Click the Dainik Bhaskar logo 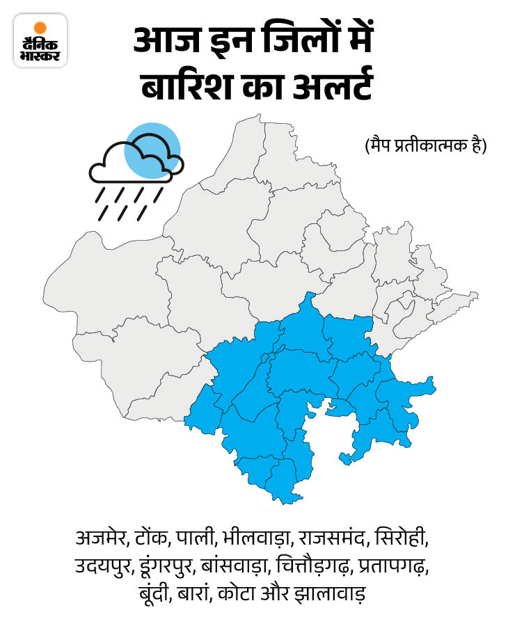pyautogui.click(x=40, y=40)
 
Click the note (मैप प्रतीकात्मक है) pyautogui.click(x=424, y=147)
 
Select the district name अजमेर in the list pyautogui.click(x=102, y=539)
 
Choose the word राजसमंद pyautogui.click(x=333, y=539)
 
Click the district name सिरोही pyautogui.click(x=401, y=539)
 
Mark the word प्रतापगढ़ pyautogui.click(x=394, y=567)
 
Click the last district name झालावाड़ pyautogui.click(x=331, y=595)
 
